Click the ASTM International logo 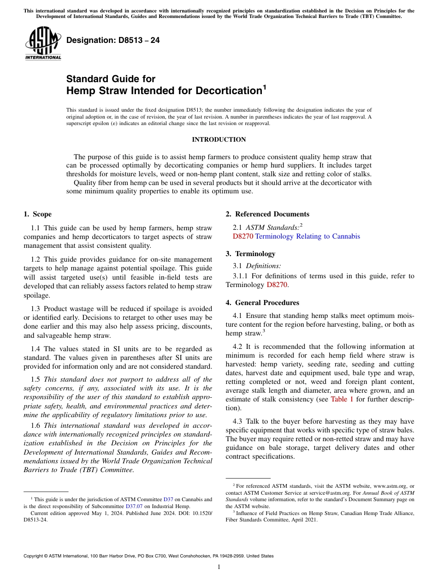coord(43,43)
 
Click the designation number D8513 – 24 coord(113,40)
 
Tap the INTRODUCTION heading coord(219,139)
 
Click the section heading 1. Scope coord(37,214)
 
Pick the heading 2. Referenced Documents coord(267,214)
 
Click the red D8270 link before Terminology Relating coord(243,236)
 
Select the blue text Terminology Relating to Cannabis coord(307,236)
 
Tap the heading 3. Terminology coord(250,254)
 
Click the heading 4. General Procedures coord(262,303)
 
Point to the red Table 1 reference coord(342,400)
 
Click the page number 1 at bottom coord(219,567)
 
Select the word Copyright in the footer coord(34,556)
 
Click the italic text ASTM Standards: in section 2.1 coord(272,227)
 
